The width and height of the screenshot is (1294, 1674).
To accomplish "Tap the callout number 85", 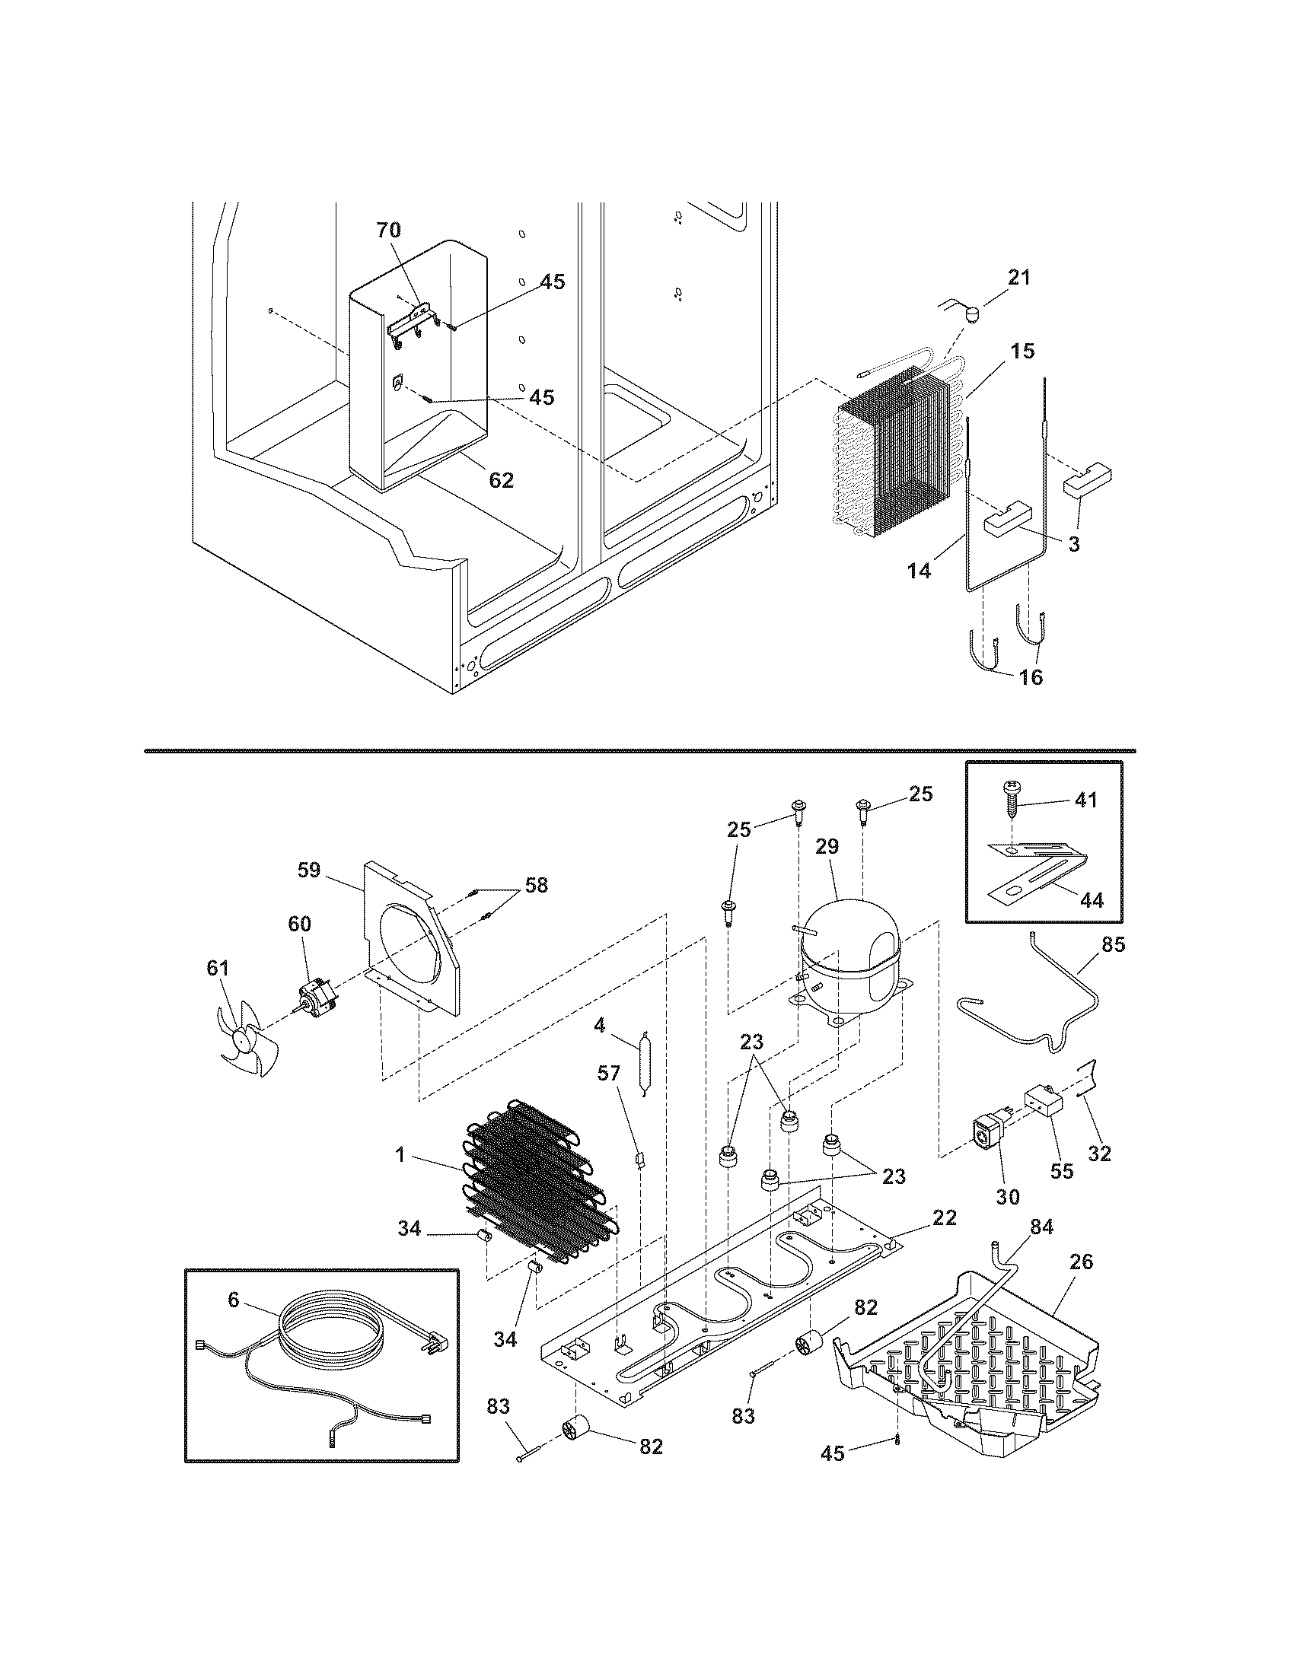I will pyautogui.click(x=1113, y=945).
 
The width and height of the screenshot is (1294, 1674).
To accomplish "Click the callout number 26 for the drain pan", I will pyautogui.click(x=1081, y=1261).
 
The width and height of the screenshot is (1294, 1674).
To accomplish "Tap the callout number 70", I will pyautogui.click(x=388, y=229).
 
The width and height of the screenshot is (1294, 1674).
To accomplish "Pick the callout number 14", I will pyautogui.click(x=920, y=569).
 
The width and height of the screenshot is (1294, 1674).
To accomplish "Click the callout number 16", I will pyautogui.click(x=1033, y=676).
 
